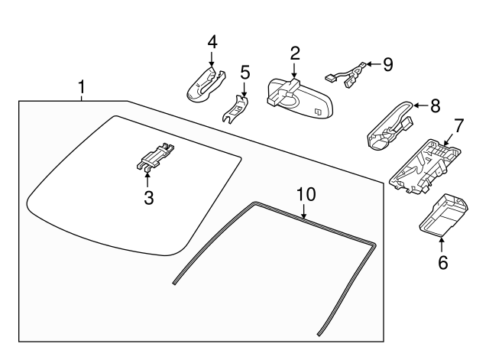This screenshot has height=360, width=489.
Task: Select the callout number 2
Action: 294,54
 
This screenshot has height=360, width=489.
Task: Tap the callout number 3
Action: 148,198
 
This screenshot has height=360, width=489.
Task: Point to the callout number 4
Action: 212,42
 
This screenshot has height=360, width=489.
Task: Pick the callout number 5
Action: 244,73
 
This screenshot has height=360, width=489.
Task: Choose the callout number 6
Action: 442,264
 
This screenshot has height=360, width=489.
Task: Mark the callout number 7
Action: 458,124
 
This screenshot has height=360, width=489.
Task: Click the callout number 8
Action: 435,105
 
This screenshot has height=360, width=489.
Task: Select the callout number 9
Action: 387,64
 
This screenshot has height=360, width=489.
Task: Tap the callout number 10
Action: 305,194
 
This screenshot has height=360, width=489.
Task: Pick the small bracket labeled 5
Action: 237,108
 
